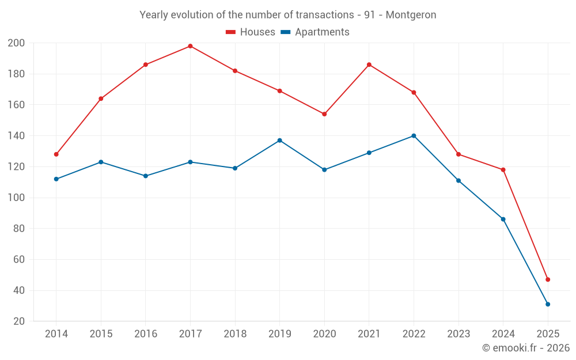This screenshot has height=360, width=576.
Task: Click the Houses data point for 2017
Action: (x=190, y=46)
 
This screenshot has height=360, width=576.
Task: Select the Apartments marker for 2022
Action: (x=414, y=136)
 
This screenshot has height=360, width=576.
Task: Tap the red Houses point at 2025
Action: (x=548, y=279)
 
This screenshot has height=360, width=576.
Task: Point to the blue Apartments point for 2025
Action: (x=548, y=304)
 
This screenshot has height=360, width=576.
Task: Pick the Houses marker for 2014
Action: (x=56, y=154)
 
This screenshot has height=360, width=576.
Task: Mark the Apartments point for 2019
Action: (x=280, y=141)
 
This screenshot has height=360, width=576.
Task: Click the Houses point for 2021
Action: (x=369, y=65)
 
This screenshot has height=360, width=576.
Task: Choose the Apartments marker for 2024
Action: (x=503, y=219)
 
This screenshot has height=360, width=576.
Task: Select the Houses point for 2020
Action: (x=324, y=114)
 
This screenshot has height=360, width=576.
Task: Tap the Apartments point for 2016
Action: (x=146, y=176)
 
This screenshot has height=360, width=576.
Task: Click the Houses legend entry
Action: (x=251, y=32)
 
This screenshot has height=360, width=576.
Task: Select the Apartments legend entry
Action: (x=315, y=32)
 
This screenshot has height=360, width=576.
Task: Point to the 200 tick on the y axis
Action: (x=16, y=43)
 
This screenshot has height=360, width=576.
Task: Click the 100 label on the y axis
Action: (x=16, y=198)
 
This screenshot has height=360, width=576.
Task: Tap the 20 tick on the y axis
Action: (x=18, y=321)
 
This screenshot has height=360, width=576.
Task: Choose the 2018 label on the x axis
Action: (x=235, y=334)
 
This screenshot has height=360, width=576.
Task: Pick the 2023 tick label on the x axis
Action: (x=458, y=334)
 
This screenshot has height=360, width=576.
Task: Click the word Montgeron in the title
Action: (x=411, y=15)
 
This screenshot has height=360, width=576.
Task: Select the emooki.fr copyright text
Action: (x=526, y=348)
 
